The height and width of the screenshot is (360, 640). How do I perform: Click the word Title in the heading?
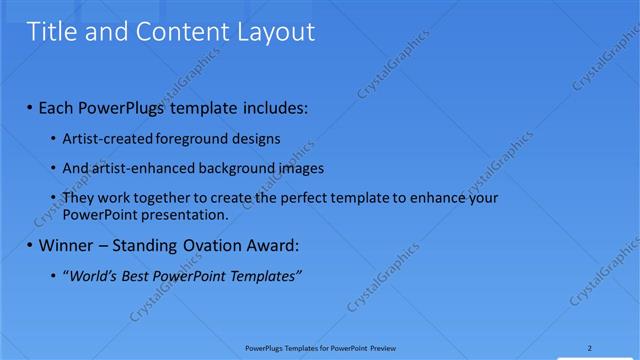[x=51, y=32]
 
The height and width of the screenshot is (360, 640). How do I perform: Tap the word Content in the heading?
[x=182, y=32]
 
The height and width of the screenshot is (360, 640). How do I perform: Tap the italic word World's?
[x=94, y=276]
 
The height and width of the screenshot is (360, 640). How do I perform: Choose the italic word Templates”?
[x=267, y=276]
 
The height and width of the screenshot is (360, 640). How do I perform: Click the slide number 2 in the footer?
[x=590, y=349]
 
